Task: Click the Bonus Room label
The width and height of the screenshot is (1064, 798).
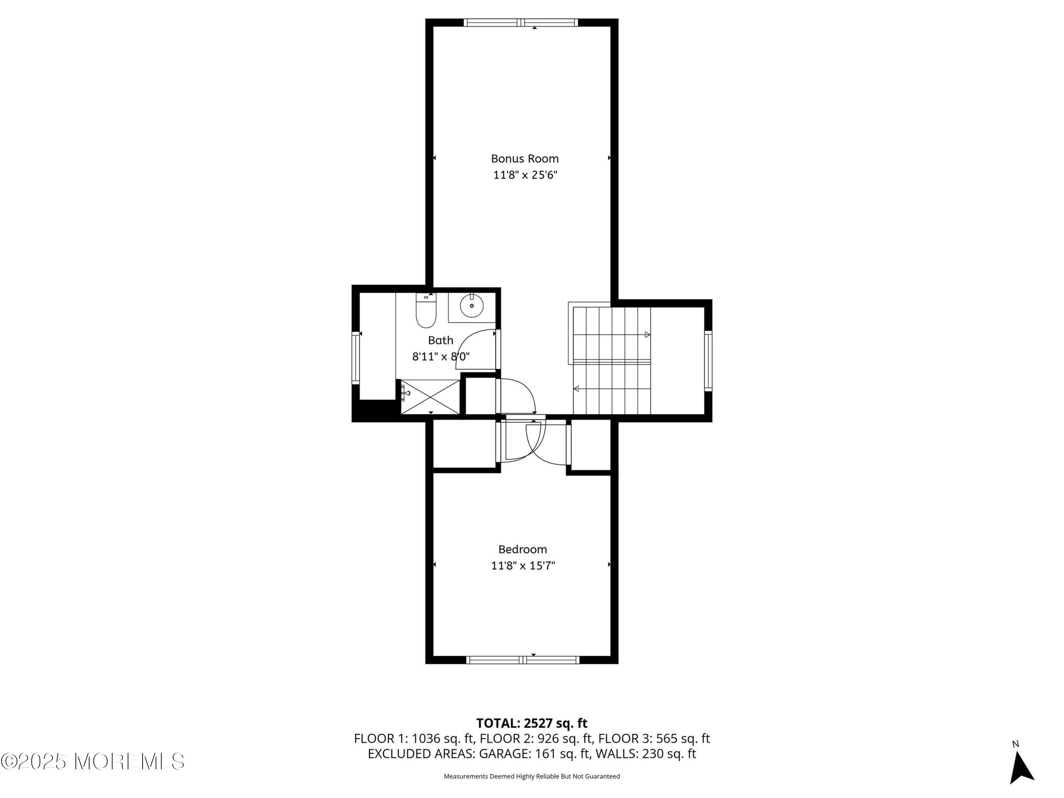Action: pyautogui.click(x=525, y=159)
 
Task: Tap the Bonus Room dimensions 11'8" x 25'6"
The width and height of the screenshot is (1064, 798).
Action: pyautogui.click(x=525, y=174)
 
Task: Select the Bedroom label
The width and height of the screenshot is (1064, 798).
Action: pyautogui.click(x=522, y=549)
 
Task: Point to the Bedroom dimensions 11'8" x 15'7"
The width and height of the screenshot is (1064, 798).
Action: pyautogui.click(x=523, y=566)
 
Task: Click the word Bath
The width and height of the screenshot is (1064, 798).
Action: pyautogui.click(x=440, y=340)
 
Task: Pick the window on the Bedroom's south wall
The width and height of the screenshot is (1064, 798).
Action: pyautogui.click(x=523, y=660)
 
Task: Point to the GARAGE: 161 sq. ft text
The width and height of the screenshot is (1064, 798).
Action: pyautogui.click(x=534, y=754)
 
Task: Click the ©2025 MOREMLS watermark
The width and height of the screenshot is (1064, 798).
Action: pyautogui.click(x=92, y=761)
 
